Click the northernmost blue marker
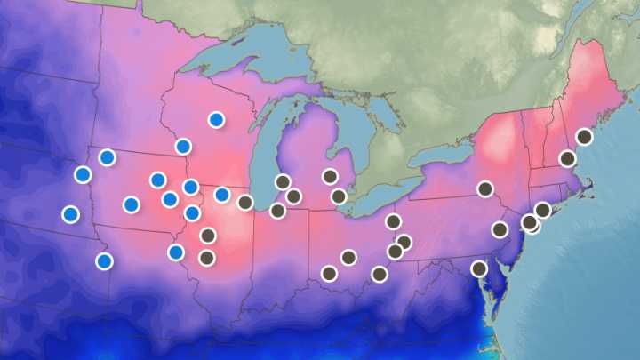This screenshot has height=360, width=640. point(216,119)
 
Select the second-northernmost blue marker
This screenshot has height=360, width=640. point(183,146)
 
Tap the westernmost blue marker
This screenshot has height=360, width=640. point(70,214)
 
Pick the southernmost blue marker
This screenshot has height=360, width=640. point(104,260)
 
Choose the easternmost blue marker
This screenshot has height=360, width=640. point(222,195)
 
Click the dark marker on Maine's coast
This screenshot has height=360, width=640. point(584,136)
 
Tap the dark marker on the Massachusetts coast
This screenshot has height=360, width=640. point(567,158)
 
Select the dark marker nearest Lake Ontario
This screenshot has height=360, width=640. point(485,188)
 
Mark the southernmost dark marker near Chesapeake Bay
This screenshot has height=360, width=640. point(479,268)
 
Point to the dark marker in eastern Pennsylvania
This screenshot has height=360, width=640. point(500,229)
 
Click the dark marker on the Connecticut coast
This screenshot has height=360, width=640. point(542,210)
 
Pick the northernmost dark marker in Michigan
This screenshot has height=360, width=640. point(330,176)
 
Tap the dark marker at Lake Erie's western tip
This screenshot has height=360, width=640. point(339,196)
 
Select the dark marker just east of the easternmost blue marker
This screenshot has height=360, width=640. point(245,202)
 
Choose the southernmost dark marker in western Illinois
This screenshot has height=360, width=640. point(207,258)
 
